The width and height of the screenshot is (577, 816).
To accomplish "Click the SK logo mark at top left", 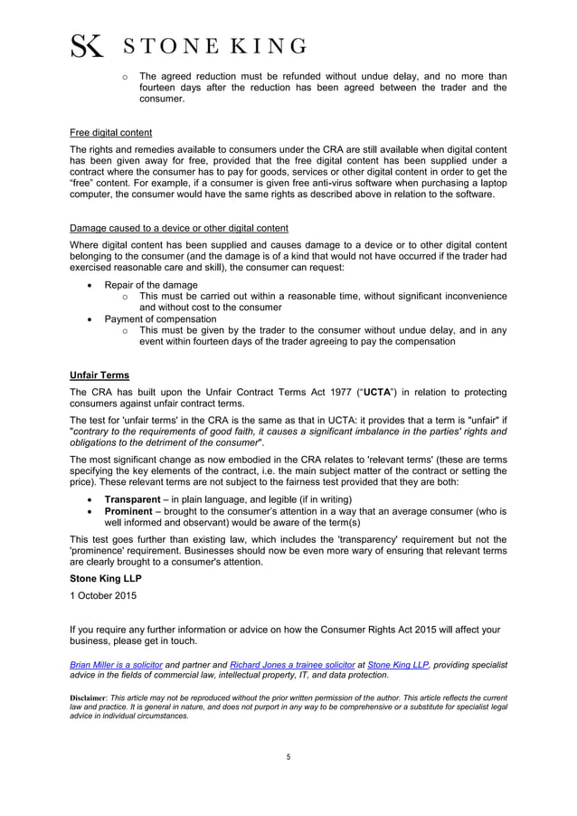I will pos(87,45).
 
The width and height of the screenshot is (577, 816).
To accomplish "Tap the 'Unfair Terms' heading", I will pos(99,375).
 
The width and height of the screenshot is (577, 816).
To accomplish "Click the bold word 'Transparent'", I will pos(138,499).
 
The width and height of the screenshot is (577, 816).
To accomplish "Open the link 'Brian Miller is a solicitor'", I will pos(116,664).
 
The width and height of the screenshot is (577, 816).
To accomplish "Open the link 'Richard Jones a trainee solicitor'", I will pos(293,664).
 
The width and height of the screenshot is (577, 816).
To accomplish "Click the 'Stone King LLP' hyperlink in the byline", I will pos(398,664).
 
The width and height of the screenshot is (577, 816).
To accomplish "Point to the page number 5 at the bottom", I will pos(288,756).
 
